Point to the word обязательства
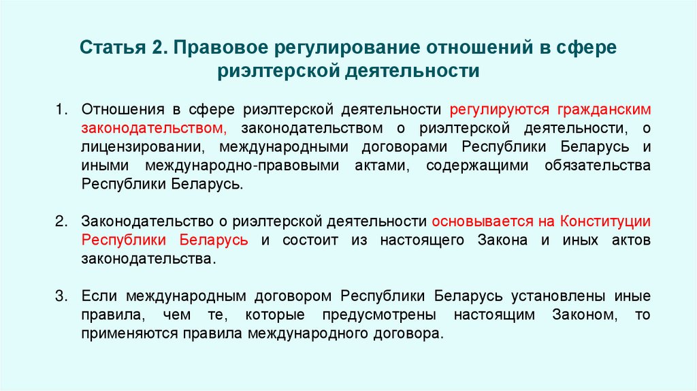(597, 166)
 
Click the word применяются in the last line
(128, 334)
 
